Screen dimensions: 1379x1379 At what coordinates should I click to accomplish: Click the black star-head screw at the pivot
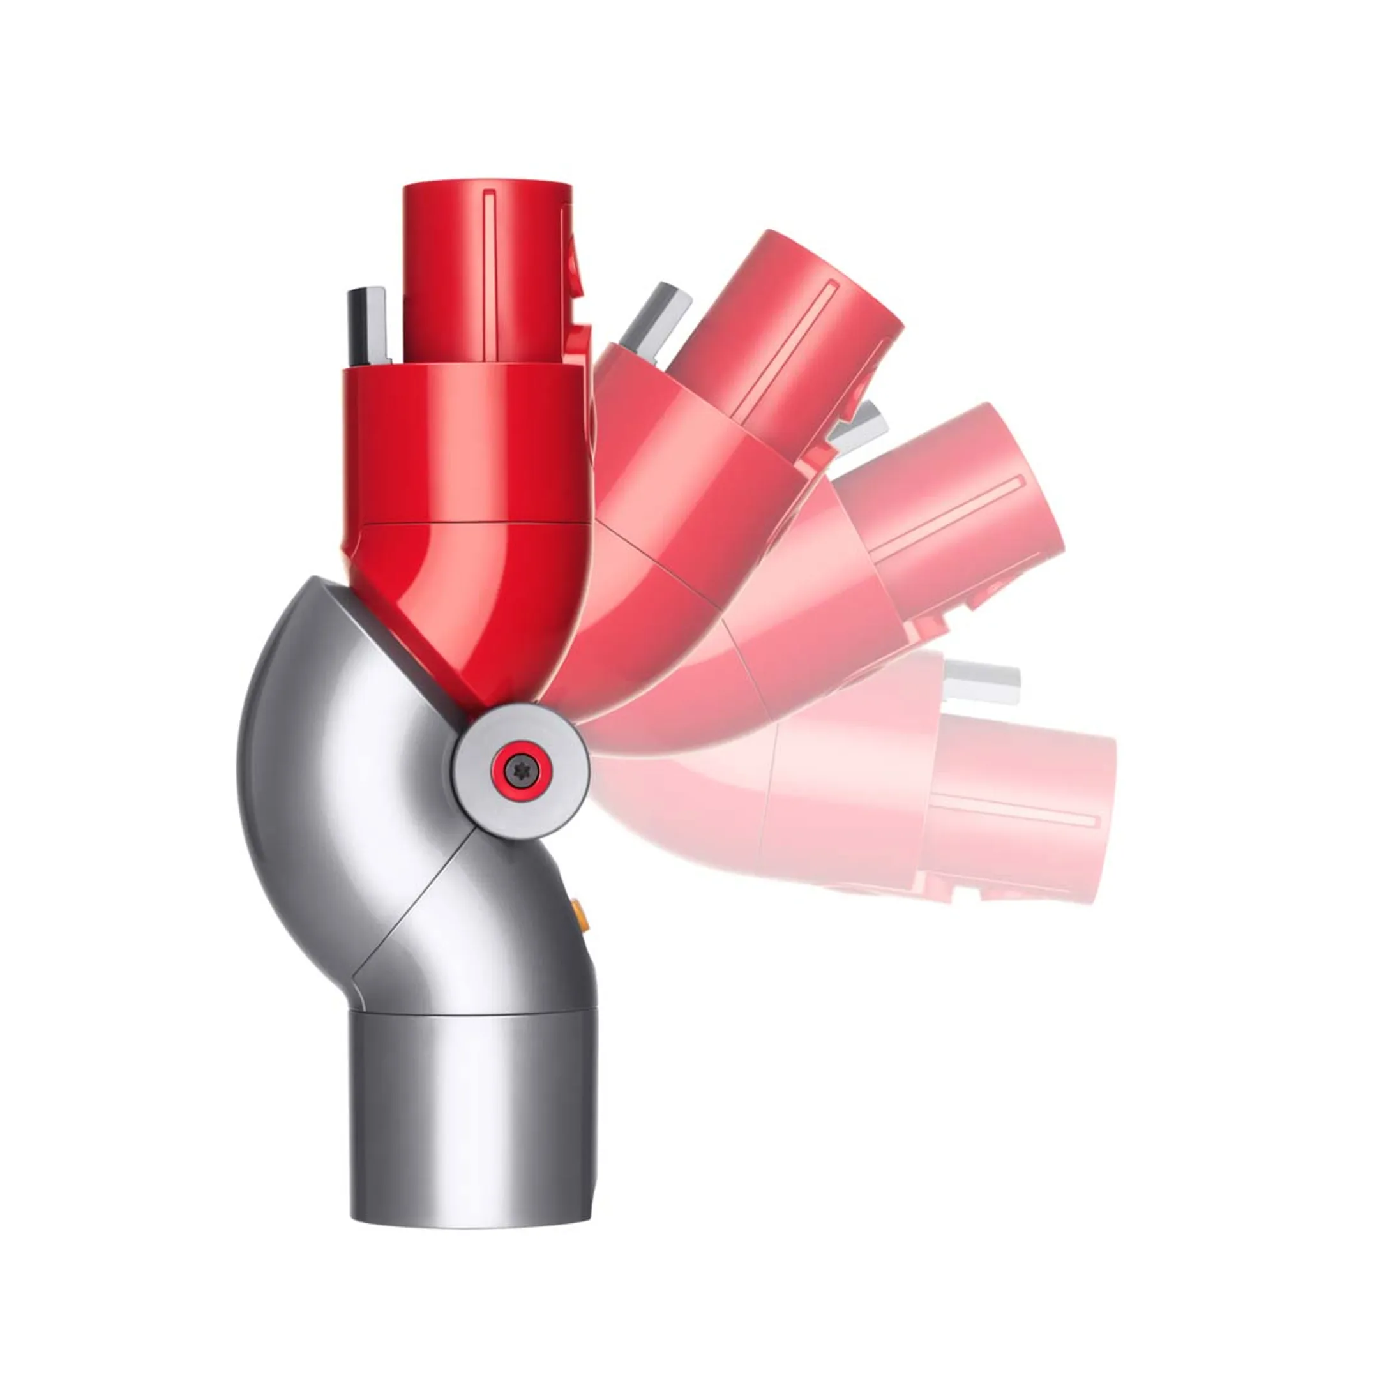tap(520, 770)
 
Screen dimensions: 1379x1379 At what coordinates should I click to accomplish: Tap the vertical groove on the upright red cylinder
tap(489, 275)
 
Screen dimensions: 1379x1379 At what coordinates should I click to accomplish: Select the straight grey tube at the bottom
tap(471, 1113)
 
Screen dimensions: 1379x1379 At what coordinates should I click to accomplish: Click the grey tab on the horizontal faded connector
tap(981, 682)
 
